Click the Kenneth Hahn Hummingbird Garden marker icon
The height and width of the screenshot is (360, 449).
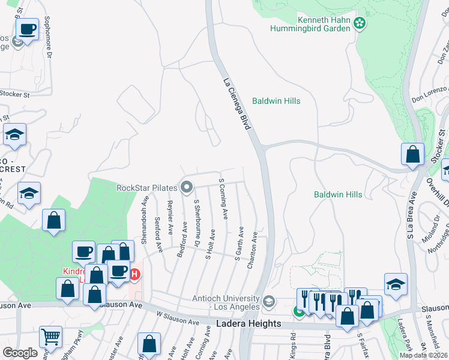360,23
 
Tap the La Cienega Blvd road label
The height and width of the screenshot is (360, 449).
236,105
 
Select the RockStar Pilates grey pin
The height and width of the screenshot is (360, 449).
187,188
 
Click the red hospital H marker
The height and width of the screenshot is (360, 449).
134,274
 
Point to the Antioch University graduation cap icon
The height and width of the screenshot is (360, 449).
269,301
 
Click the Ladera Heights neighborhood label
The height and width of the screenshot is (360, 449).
249,324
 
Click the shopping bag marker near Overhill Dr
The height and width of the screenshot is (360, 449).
413,154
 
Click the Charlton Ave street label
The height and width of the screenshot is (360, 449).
255,250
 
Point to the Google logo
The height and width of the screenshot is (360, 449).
20,353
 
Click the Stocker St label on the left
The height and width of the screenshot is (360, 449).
15,94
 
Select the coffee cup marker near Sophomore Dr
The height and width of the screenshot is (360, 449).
28,29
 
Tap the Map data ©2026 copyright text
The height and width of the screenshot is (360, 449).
423,355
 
